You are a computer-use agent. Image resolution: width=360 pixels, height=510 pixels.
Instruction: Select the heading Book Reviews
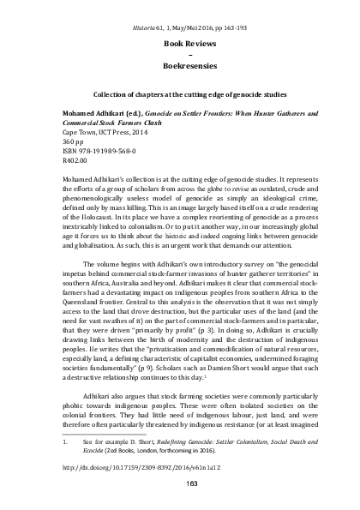coord(179,40)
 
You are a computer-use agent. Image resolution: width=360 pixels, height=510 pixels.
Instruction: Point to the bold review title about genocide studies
coord(179,93)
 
